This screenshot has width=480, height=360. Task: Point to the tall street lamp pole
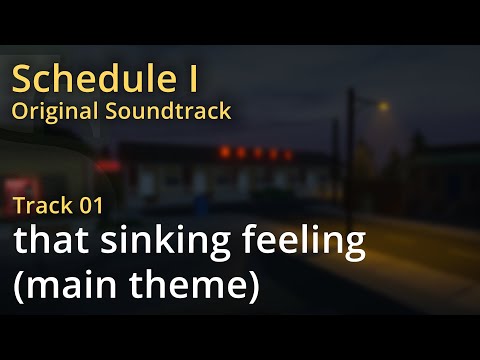[x=351, y=160]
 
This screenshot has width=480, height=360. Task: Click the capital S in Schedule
[x=22, y=77]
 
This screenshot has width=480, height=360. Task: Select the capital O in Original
[x=20, y=110]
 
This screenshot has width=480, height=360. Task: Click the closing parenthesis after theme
[x=252, y=288]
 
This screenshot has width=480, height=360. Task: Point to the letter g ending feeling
[x=354, y=249]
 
